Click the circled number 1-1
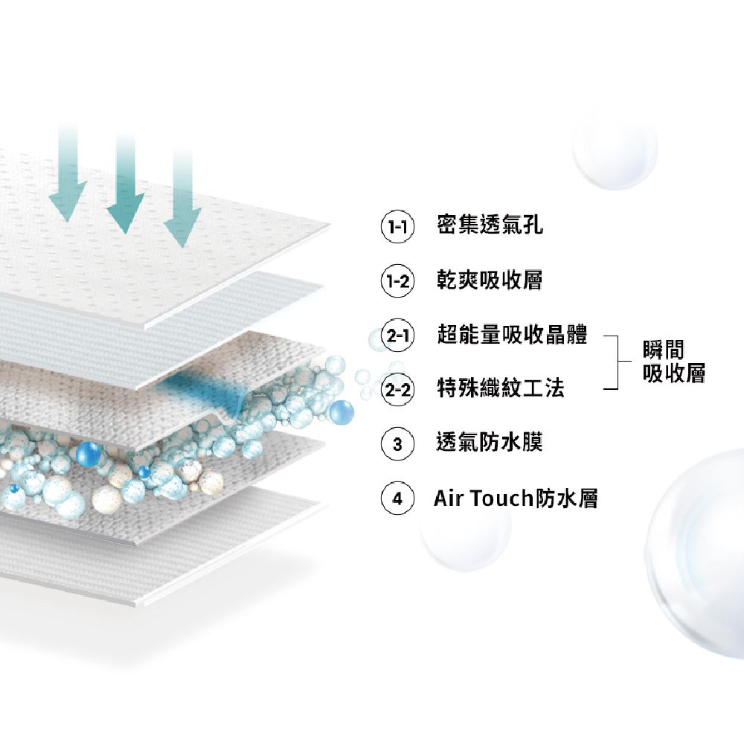pyautogui.click(x=397, y=226)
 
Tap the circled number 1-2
pyautogui.click(x=397, y=281)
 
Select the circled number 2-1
pyautogui.click(x=397, y=335)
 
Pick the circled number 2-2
pyautogui.click(x=397, y=390)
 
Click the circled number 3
pyautogui.click(x=397, y=444)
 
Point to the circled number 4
pyautogui.click(x=397, y=498)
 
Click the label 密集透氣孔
pyautogui.click(x=490, y=225)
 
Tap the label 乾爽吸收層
pyautogui.click(x=490, y=280)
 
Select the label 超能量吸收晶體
pyautogui.click(x=512, y=334)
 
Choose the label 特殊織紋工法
pyautogui.click(x=501, y=388)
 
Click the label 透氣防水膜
pyautogui.click(x=490, y=442)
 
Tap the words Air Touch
pyautogui.click(x=484, y=498)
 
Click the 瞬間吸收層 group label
pyautogui.click(x=674, y=362)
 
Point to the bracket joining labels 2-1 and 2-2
pyautogui.click(x=618, y=362)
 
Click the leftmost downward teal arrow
pyautogui.click(x=68, y=173)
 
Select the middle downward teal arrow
pyautogui.click(x=125, y=183)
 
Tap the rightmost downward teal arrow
pyautogui.click(x=183, y=197)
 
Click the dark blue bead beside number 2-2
pyautogui.click(x=341, y=412)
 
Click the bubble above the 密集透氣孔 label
pyautogui.click(x=615, y=148)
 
